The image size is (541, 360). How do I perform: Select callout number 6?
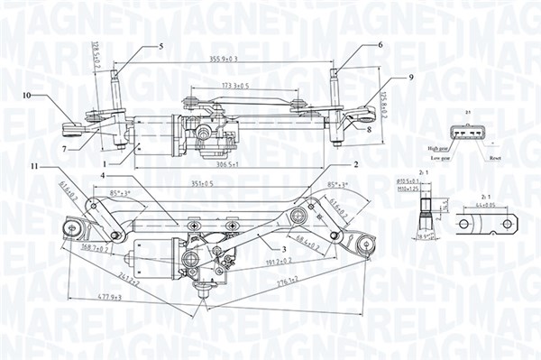click(x=380, y=44)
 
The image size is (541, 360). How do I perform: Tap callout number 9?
click(x=410, y=78)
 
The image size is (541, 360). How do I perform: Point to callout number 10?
click(x=27, y=95)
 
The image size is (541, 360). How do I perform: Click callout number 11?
click(x=34, y=167)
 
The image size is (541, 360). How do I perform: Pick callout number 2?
click(x=357, y=164)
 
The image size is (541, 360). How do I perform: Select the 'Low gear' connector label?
click(x=440, y=157)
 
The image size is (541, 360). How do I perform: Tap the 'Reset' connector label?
click(x=495, y=157)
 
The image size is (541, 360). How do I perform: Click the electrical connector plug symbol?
click(x=469, y=133)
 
